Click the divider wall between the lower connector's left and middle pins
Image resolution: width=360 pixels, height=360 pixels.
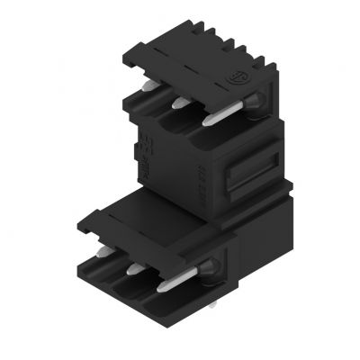click(x=115, y=274)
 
